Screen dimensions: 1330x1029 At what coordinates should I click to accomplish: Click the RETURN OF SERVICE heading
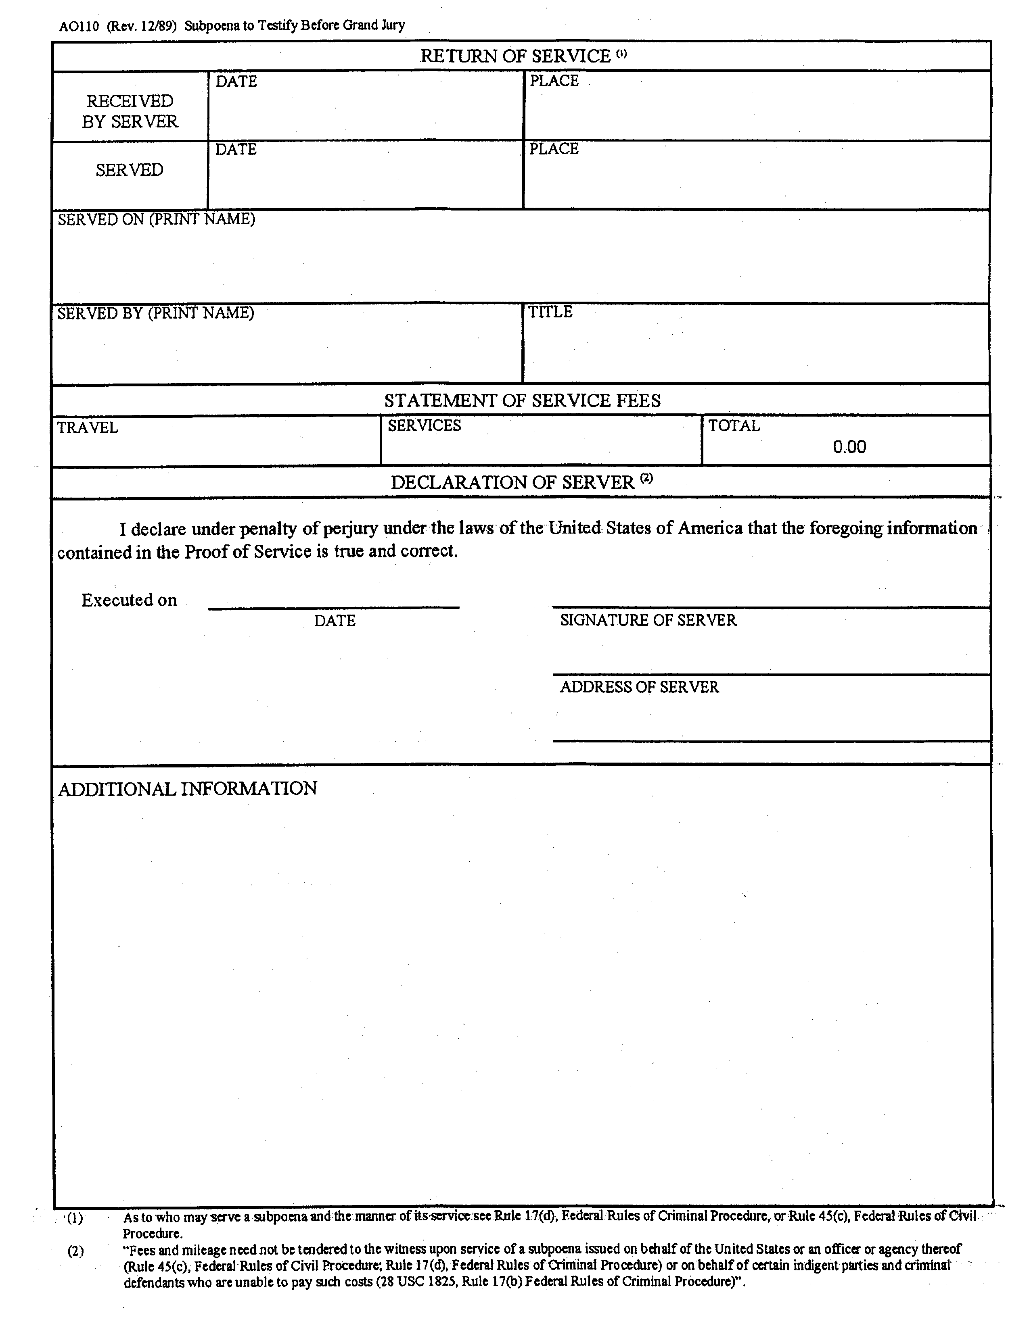click(515, 56)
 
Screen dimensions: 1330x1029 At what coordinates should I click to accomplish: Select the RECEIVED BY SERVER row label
click(130, 111)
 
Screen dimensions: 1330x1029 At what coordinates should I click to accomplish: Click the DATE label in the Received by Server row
click(236, 81)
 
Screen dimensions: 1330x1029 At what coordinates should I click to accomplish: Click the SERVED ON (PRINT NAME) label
click(157, 219)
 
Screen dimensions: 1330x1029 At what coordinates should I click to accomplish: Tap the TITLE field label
click(550, 312)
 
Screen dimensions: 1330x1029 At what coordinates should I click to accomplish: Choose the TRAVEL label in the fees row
click(87, 427)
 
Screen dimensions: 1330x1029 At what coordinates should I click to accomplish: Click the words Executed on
click(129, 600)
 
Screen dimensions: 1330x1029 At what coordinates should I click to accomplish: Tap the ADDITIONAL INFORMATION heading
click(188, 789)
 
